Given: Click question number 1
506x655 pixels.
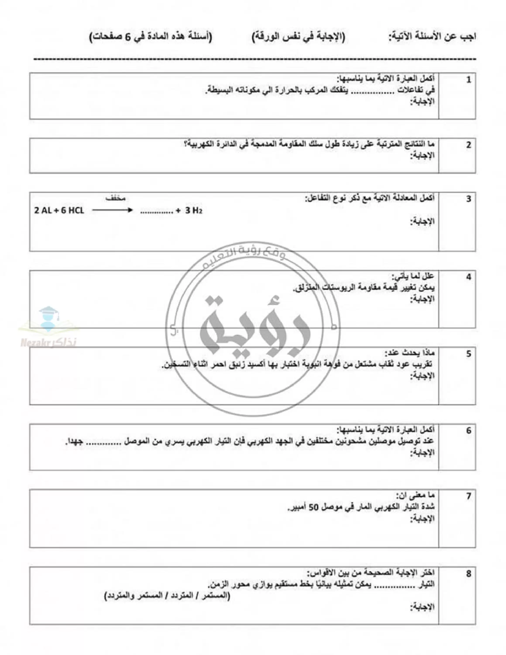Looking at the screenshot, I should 468,80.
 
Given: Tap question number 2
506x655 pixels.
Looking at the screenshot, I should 468,145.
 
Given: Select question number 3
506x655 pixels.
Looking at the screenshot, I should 468,199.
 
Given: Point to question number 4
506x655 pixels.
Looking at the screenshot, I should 468,277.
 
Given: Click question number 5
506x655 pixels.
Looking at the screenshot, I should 468,354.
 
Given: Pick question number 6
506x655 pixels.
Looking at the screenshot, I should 468,431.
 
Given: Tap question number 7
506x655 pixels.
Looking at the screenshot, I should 468,496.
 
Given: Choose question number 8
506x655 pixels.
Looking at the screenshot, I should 468,574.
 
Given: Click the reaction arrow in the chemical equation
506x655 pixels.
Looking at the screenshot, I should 112,210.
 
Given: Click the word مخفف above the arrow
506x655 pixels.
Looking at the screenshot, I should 115,198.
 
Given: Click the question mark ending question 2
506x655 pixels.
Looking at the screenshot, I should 186,145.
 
